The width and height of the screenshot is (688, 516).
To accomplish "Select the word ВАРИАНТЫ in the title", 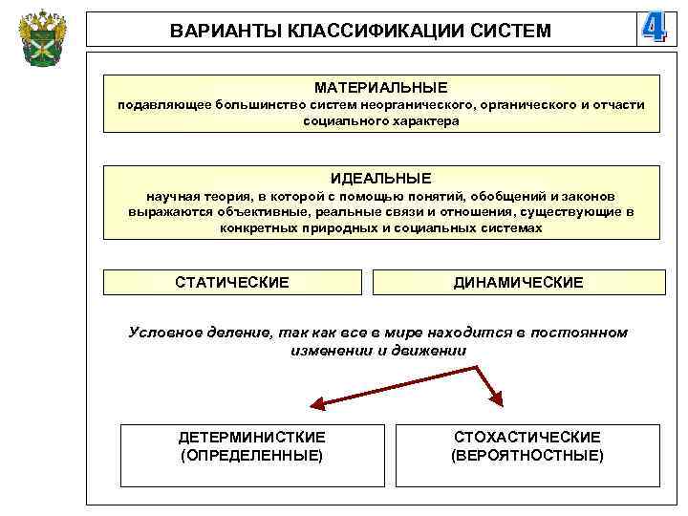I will (217, 32).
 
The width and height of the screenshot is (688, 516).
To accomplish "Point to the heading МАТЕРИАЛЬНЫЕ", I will (380, 87).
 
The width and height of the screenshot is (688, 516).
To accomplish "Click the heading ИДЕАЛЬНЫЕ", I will (380, 178).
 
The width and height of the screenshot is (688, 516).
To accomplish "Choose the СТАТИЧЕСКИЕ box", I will (232, 282).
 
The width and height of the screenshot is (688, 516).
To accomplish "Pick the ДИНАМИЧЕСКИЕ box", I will (518, 282).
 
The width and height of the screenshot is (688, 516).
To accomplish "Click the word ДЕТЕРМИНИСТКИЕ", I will (251, 437).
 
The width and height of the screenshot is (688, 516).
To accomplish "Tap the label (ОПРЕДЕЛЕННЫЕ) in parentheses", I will (251, 455).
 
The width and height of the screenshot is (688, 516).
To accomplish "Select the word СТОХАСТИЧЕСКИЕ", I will (527, 437).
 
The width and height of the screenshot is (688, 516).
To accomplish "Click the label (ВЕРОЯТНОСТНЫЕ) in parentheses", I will (527, 455).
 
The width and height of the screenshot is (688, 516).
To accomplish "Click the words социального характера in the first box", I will (380, 121).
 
